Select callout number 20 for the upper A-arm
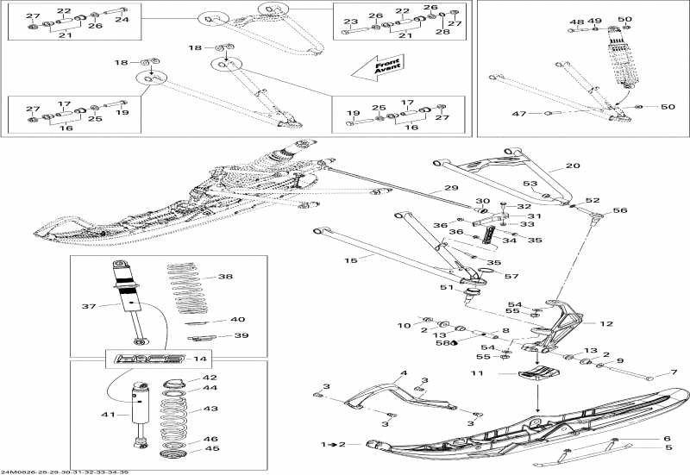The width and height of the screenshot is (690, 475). point(573,166)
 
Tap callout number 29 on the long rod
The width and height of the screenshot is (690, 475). point(451,188)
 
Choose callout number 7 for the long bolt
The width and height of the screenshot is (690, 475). point(674,373)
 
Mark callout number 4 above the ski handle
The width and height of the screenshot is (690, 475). point(402,373)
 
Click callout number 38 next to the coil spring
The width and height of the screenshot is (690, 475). point(225,277)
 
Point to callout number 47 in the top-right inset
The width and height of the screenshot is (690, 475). point(519,113)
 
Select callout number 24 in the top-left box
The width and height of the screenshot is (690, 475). point(122,18)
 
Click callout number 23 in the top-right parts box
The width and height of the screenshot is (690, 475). point(350,22)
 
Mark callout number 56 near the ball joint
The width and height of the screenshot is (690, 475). point(619,210)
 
